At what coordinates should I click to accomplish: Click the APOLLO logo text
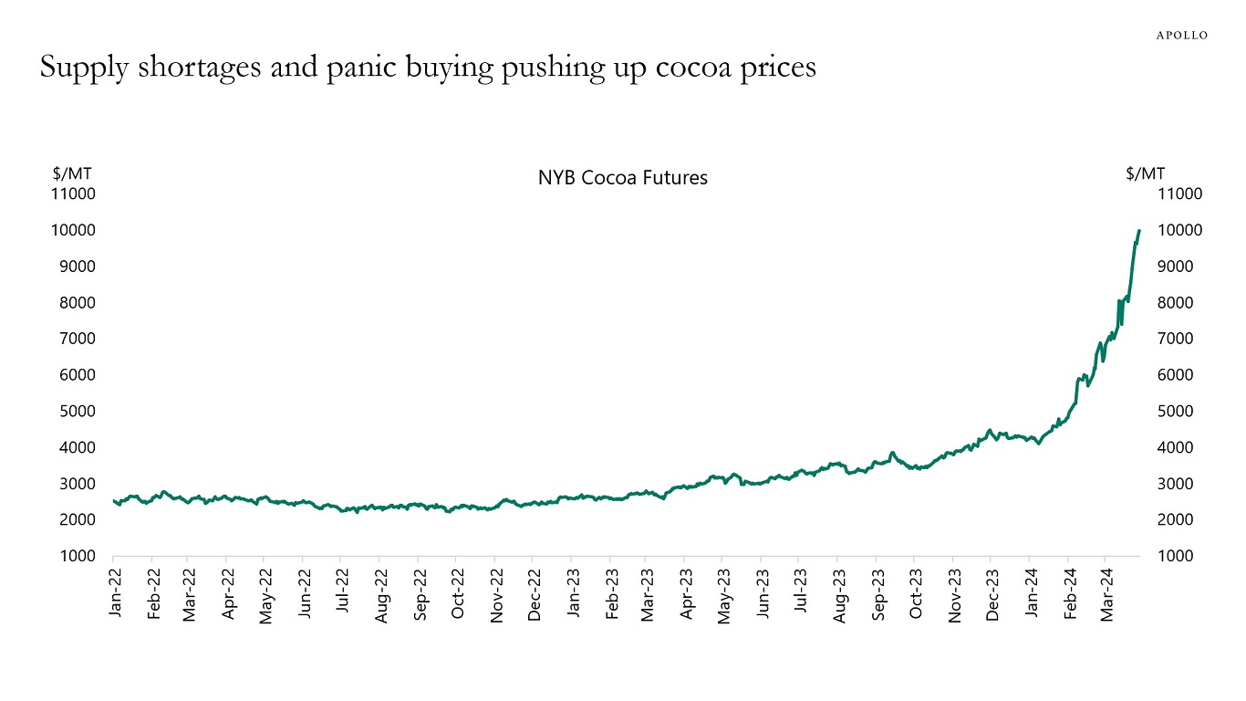click(1181, 36)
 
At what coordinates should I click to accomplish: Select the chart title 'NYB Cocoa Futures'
click(622, 178)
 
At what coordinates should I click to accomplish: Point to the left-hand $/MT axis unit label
click(71, 173)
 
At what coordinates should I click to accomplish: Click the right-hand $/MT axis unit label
click(1145, 173)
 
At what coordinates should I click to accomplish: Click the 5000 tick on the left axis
click(80, 411)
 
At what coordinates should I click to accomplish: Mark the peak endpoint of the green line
click(1139, 231)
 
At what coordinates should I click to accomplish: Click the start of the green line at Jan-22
click(113, 500)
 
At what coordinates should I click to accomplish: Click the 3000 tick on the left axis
click(80, 484)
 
